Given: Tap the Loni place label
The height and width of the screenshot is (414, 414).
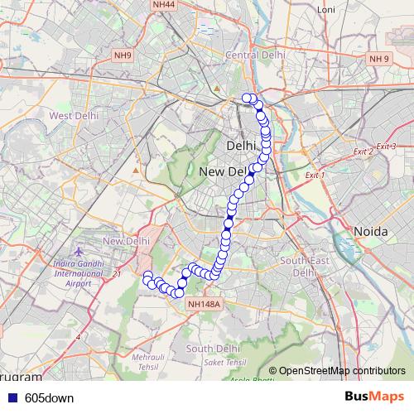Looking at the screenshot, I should (325, 11).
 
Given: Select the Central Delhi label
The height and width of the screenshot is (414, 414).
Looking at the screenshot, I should (256, 55).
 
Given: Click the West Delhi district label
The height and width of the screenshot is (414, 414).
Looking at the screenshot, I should (74, 116).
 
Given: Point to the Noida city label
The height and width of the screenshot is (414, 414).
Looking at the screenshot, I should (371, 231).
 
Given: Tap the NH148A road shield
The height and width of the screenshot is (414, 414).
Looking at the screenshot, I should (203, 305).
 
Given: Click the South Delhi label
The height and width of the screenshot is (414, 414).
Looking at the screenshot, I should (214, 349).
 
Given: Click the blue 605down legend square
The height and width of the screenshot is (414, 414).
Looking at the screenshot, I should (12, 397).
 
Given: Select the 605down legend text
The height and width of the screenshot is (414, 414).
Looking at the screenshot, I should (49, 397).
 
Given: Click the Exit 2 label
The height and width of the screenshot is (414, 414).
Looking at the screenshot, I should (362, 152).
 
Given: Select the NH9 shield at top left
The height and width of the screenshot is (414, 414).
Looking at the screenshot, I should (123, 55).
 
